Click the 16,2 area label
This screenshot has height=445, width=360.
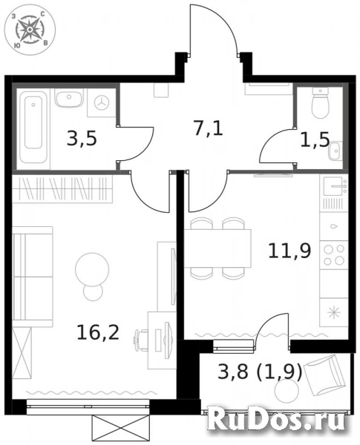tap(98, 333)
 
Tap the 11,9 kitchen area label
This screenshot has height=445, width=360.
tap(289, 251)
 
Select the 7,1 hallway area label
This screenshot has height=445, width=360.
tap(209, 128)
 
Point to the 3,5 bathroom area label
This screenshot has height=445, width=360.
tap(82, 139)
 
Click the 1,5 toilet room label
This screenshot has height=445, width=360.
tap(315, 140)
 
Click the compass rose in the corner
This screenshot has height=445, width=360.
tap(30, 29)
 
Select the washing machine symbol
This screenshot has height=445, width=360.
tap(102, 103)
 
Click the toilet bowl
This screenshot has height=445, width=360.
tap(320, 103)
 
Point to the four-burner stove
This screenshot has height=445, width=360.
tap(334, 255)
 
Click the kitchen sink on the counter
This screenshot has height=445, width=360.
tap(334, 185)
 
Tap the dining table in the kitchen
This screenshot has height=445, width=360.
tap(217, 248)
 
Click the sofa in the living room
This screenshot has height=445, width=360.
tap(33, 277)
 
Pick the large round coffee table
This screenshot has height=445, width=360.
tap(92, 269)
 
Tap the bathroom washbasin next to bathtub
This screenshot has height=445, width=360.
tap(69, 98)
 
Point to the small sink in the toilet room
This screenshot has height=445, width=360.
tap(334, 151)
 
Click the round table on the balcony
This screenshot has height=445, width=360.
tap(287, 392)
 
